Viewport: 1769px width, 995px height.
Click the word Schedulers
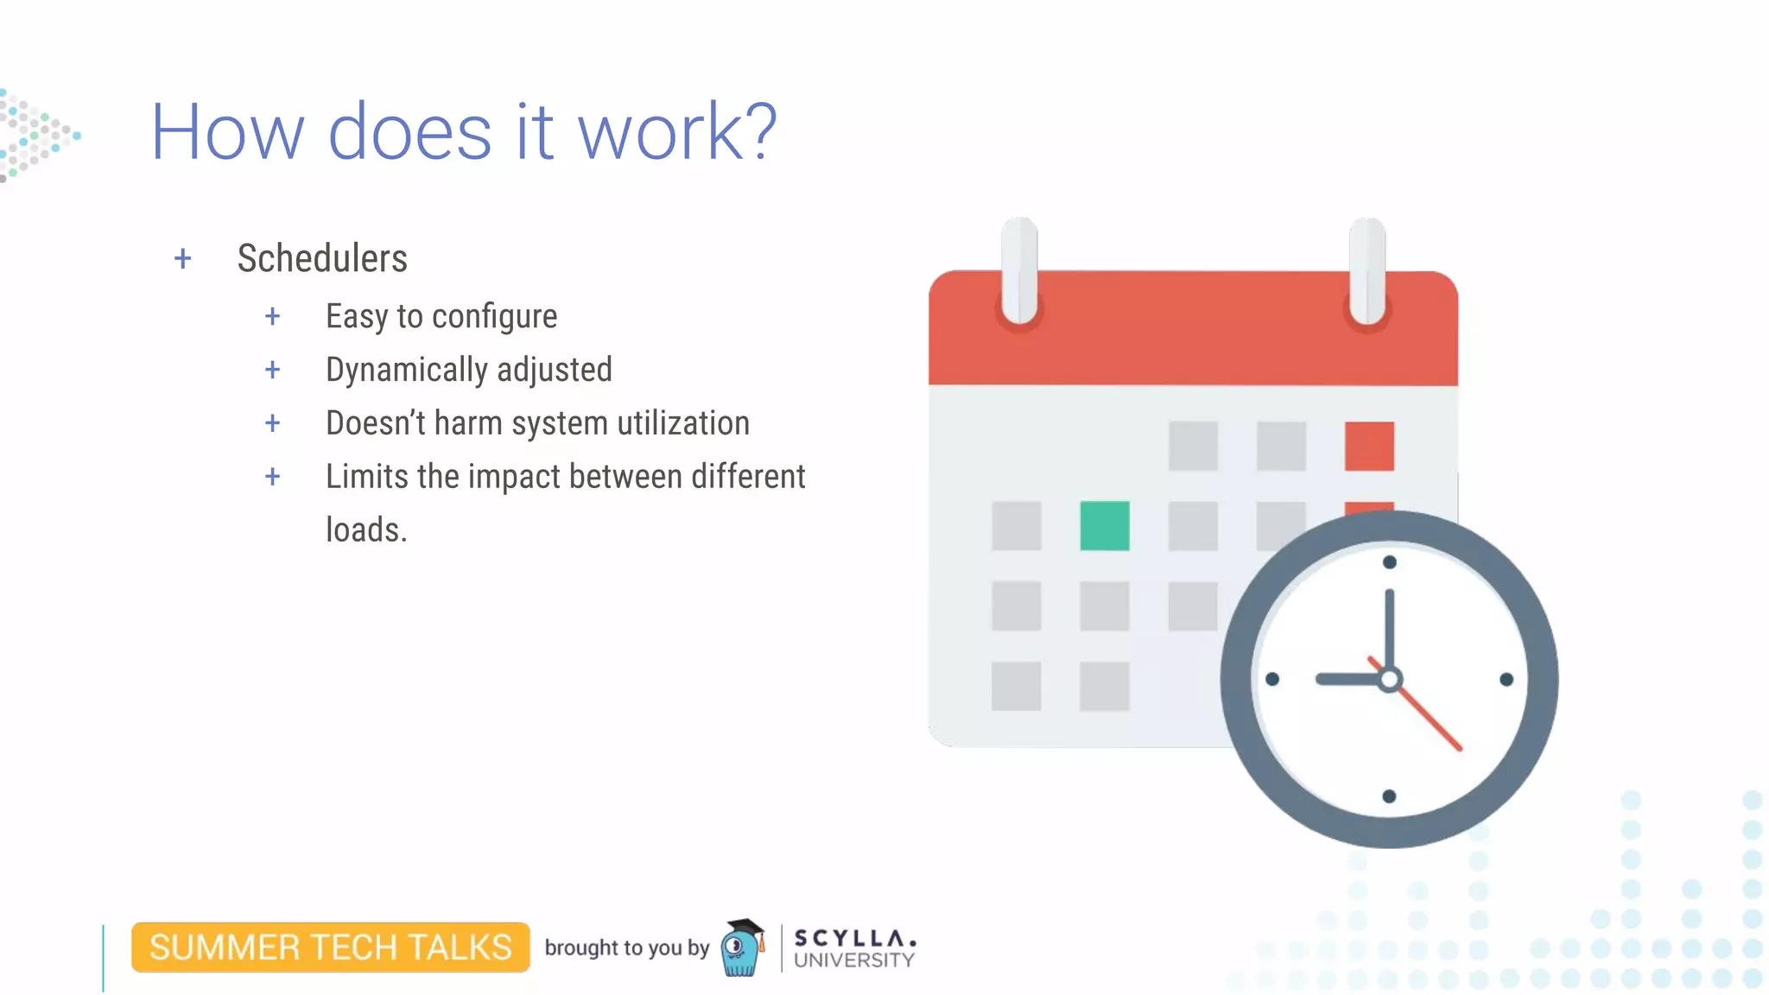[322, 258]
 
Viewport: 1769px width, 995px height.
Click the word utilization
[682, 423]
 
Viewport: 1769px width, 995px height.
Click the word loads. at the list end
[366, 529]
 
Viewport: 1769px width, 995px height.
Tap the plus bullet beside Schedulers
[182, 258]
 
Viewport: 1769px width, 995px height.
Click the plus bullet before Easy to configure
[272, 316]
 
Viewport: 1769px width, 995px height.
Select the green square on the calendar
[1105, 525]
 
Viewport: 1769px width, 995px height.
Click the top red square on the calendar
[1369, 446]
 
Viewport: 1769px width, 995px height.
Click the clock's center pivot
[1389, 679]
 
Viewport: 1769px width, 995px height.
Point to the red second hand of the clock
[1430, 719]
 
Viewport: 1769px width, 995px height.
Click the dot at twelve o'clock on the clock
[1389, 562]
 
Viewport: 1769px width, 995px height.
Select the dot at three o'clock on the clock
[1506, 680]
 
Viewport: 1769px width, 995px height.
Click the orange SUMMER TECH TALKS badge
[330, 947]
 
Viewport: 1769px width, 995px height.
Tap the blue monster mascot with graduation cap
[742, 948]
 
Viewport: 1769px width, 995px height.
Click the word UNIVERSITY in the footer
[853, 960]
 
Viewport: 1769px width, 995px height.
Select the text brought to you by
[626, 947]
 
